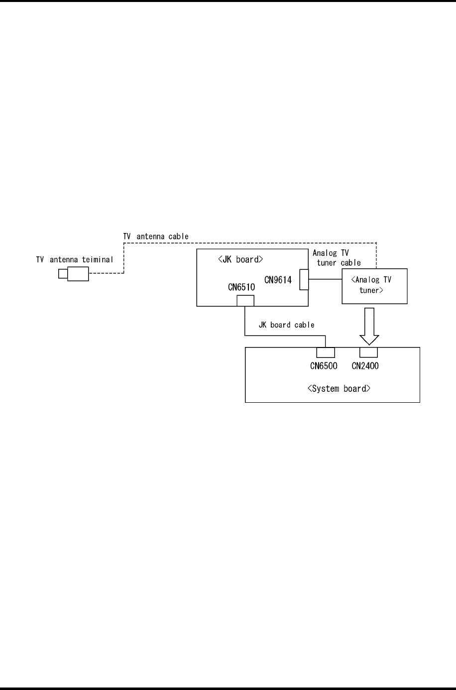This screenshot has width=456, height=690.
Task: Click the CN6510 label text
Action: [241, 287]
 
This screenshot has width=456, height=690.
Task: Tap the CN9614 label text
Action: [278, 280]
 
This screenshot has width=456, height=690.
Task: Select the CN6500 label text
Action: [324, 366]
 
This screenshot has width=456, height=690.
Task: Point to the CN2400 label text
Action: [365, 366]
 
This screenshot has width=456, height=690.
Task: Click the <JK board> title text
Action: [240, 259]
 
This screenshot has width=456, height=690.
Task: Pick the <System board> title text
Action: [339, 388]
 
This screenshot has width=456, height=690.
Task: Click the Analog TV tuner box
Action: [342, 286]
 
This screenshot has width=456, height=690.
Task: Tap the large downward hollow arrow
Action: [369, 326]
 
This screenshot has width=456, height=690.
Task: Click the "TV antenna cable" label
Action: [156, 236]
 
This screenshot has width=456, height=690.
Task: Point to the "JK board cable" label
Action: [287, 325]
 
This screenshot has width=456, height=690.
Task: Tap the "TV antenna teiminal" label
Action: [75, 260]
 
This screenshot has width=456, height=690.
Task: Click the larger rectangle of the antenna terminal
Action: [78, 267]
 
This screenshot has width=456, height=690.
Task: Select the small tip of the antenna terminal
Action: [59, 273]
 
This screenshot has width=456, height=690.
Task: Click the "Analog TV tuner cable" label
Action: [337, 258]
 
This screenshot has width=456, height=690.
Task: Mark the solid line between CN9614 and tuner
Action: [325, 279]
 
